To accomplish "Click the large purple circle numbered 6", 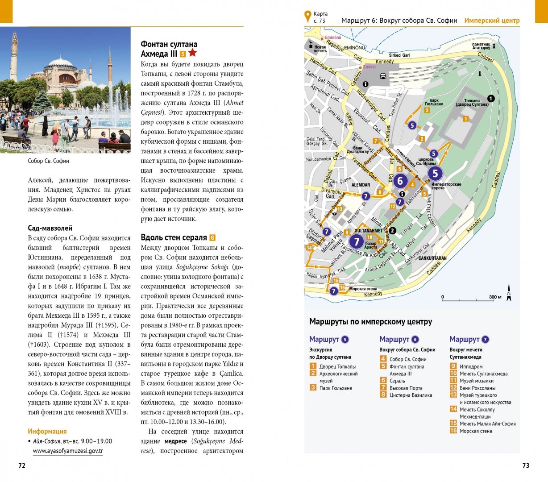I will [x=400, y=181].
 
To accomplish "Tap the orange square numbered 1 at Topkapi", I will [x=465, y=119].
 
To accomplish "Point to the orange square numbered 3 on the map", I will [x=427, y=110].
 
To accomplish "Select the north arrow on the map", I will [x=509, y=293].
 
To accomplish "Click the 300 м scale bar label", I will [x=495, y=297].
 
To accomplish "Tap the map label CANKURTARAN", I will [x=432, y=258].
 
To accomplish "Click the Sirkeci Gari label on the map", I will [x=399, y=55].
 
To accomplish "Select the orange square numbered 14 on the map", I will [x=309, y=248].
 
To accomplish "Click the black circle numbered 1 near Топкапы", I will [x=491, y=99].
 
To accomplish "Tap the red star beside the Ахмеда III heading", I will [x=192, y=53].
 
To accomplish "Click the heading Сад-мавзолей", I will [x=50, y=228].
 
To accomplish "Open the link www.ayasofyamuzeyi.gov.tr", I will [x=68, y=451].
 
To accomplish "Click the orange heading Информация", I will [x=47, y=432].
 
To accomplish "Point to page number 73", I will [x=526, y=465].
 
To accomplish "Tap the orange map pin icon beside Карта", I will [x=307, y=17].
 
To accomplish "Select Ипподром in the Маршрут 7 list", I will [x=471, y=366].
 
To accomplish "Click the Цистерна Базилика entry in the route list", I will [x=411, y=395].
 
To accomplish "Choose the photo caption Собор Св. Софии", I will [x=48, y=161].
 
